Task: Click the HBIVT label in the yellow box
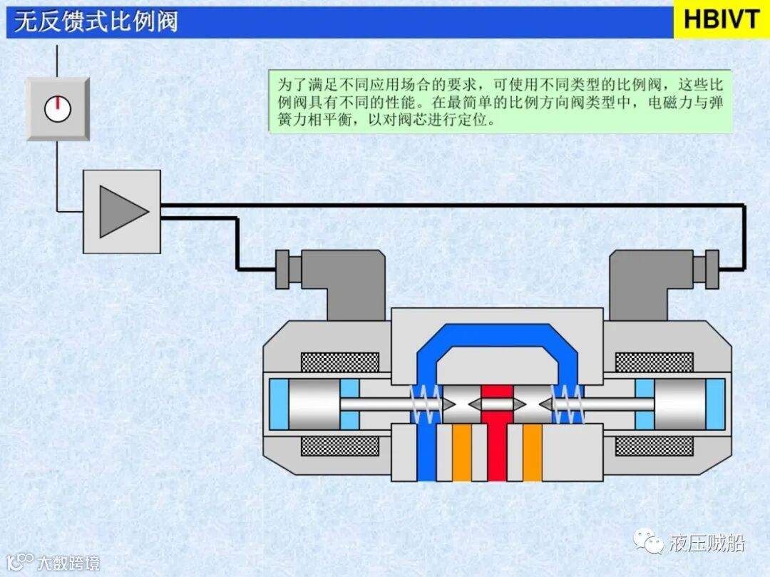[x=721, y=19]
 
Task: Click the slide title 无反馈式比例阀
[x=96, y=21]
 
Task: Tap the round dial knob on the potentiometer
[x=58, y=108]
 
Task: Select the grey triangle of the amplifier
[x=122, y=211]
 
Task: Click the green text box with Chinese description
[x=500, y=101]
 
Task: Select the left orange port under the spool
[x=461, y=452]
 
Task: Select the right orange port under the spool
[x=533, y=452]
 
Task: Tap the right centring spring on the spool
[x=569, y=404]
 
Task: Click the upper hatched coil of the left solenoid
[x=339, y=362]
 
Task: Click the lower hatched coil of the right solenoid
[x=654, y=446]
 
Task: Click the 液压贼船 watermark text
[x=707, y=543]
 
